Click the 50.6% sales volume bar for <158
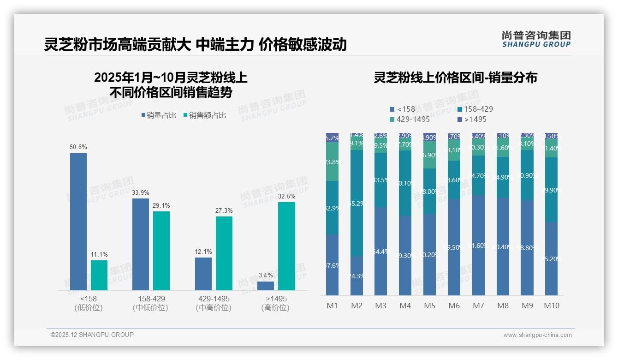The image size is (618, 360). pyautogui.click(x=78, y=222)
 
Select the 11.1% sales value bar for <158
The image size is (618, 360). pyautogui.click(x=99, y=275)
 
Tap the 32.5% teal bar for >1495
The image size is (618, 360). pyautogui.click(x=286, y=246)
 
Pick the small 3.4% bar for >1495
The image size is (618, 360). pyautogui.click(x=266, y=286)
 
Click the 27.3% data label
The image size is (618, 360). pyautogui.click(x=224, y=211)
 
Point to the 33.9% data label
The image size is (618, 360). pyautogui.click(x=140, y=192)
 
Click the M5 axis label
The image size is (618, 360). pyautogui.click(x=429, y=306)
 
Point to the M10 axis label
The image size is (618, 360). pyautogui.click(x=552, y=306)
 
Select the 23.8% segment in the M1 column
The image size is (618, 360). pyautogui.click(x=332, y=162)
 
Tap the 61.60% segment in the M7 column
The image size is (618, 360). pyautogui.click(x=478, y=246)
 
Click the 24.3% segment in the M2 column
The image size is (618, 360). pyautogui.click(x=357, y=276)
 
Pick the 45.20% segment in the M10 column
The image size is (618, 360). pyautogui.click(x=551, y=258)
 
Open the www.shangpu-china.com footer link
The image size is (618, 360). pyautogui.click(x=537, y=335)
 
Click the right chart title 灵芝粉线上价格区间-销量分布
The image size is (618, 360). pyautogui.click(x=455, y=78)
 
